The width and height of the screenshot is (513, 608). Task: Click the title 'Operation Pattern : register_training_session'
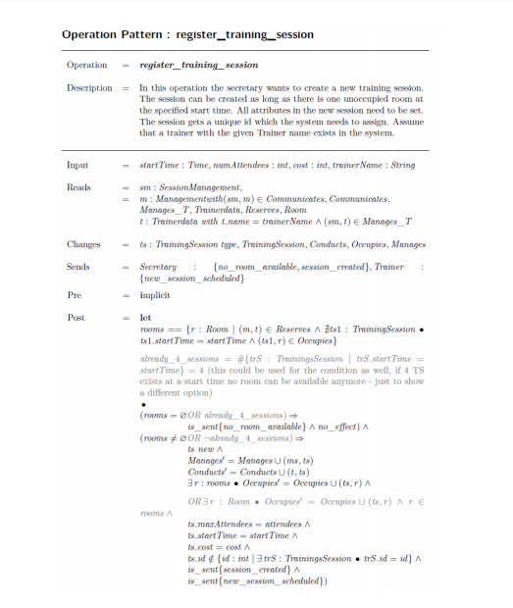pyautogui.click(x=187, y=34)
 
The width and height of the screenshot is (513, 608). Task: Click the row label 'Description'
pyautogui.click(x=89, y=87)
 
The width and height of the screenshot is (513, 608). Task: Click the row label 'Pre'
pyautogui.click(x=74, y=293)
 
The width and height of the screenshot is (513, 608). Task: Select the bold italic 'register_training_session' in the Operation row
pyautogui.click(x=199, y=65)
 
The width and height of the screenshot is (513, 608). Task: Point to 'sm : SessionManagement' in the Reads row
pyautogui.click(x=190, y=187)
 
